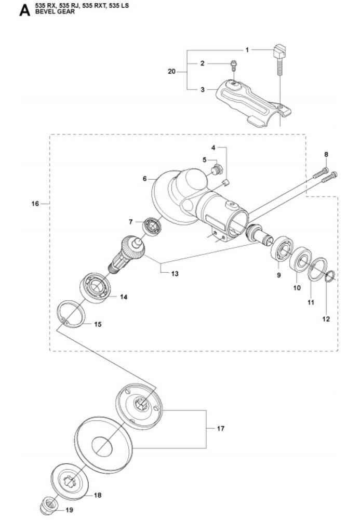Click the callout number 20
pos(171,71)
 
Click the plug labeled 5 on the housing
pos(218,169)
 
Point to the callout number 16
pos(35,204)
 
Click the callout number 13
pos(175,273)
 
